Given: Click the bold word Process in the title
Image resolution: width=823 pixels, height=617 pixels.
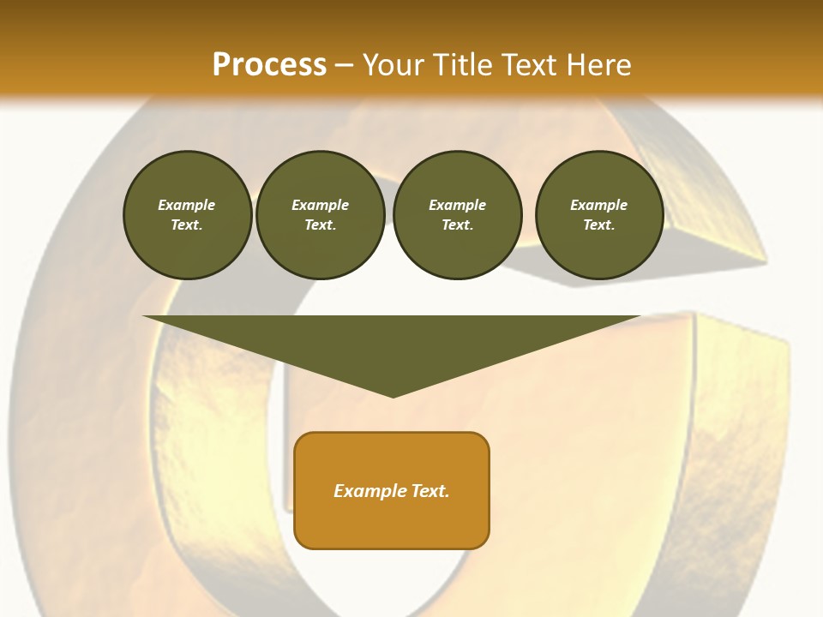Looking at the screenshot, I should tap(269, 64).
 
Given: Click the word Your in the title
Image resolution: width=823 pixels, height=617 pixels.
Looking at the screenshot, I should tap(393, 64).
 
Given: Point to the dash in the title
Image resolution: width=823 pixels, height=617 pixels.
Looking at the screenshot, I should tap(344, 66).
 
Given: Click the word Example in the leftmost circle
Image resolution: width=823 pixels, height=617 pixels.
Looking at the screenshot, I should tap(187, 205).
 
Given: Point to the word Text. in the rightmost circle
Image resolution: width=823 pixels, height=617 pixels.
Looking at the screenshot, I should tap(599, 225).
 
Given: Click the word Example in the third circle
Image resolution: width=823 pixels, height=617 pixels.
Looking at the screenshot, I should tap(457, 205).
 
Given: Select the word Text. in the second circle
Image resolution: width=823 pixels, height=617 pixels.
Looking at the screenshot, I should tap(321, 225).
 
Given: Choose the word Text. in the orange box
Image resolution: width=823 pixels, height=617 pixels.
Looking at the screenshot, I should tap(430, 491).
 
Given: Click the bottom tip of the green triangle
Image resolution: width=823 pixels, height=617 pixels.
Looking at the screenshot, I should tap(393, 395).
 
